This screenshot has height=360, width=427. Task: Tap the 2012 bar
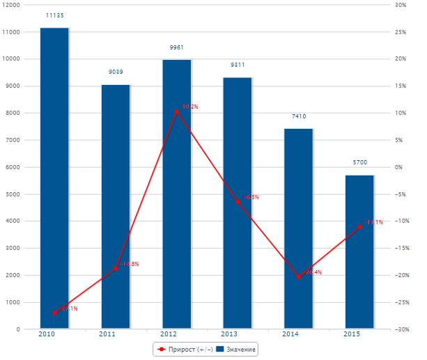click(176, 194)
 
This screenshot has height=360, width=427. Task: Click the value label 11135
click(54, 15)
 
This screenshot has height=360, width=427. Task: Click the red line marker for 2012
click(176, 111)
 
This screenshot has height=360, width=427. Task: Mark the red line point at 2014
click(298, 276)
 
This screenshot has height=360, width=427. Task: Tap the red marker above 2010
click(54, 313)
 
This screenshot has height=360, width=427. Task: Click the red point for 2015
click(359, 227)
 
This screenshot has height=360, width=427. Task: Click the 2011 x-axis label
click(107, 335)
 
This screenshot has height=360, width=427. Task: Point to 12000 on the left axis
click(11, 5)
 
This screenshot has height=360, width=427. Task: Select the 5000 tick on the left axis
click(13, 194)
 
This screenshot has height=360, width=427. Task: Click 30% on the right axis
click(400, 5)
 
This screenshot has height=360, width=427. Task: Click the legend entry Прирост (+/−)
click(183, 348)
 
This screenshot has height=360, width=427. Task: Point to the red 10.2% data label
click(190, 107)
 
